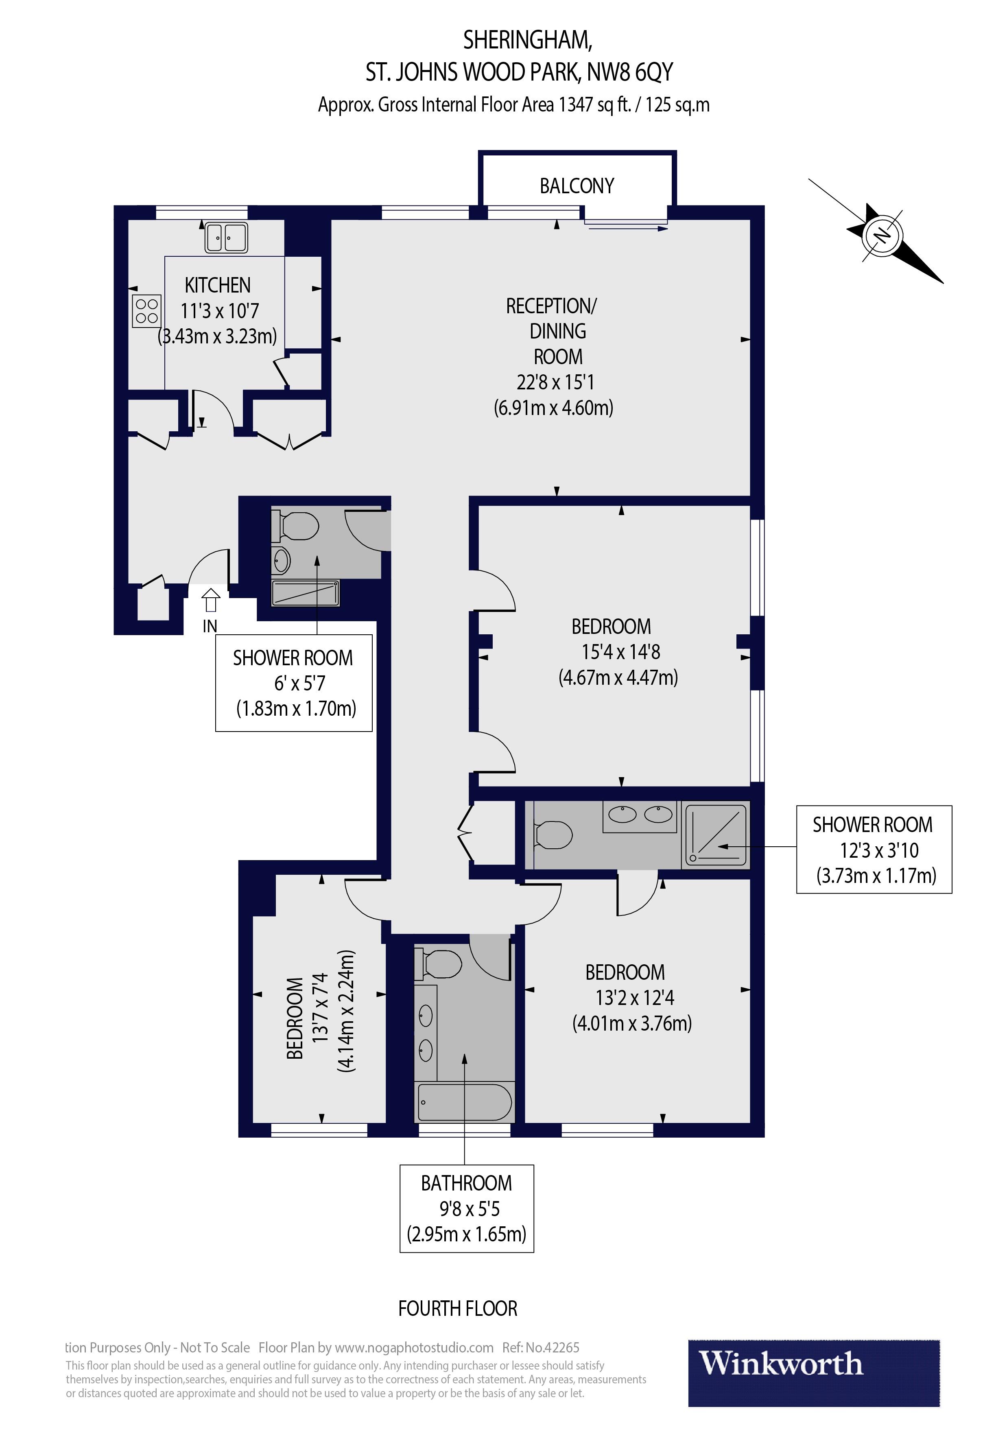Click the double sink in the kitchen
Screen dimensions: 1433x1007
click(226, 238)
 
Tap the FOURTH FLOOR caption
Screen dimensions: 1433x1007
click(458, 1308)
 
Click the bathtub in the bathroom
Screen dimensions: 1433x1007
click(465, 1102)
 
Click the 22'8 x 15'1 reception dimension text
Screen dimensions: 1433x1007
click(555, 382)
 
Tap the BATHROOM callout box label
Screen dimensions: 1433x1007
click(466, 1183)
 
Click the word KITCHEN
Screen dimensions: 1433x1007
click(217, 285)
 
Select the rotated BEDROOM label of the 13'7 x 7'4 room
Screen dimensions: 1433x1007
click(295, 1018)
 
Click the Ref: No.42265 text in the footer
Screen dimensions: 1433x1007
click(541, 1348)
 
